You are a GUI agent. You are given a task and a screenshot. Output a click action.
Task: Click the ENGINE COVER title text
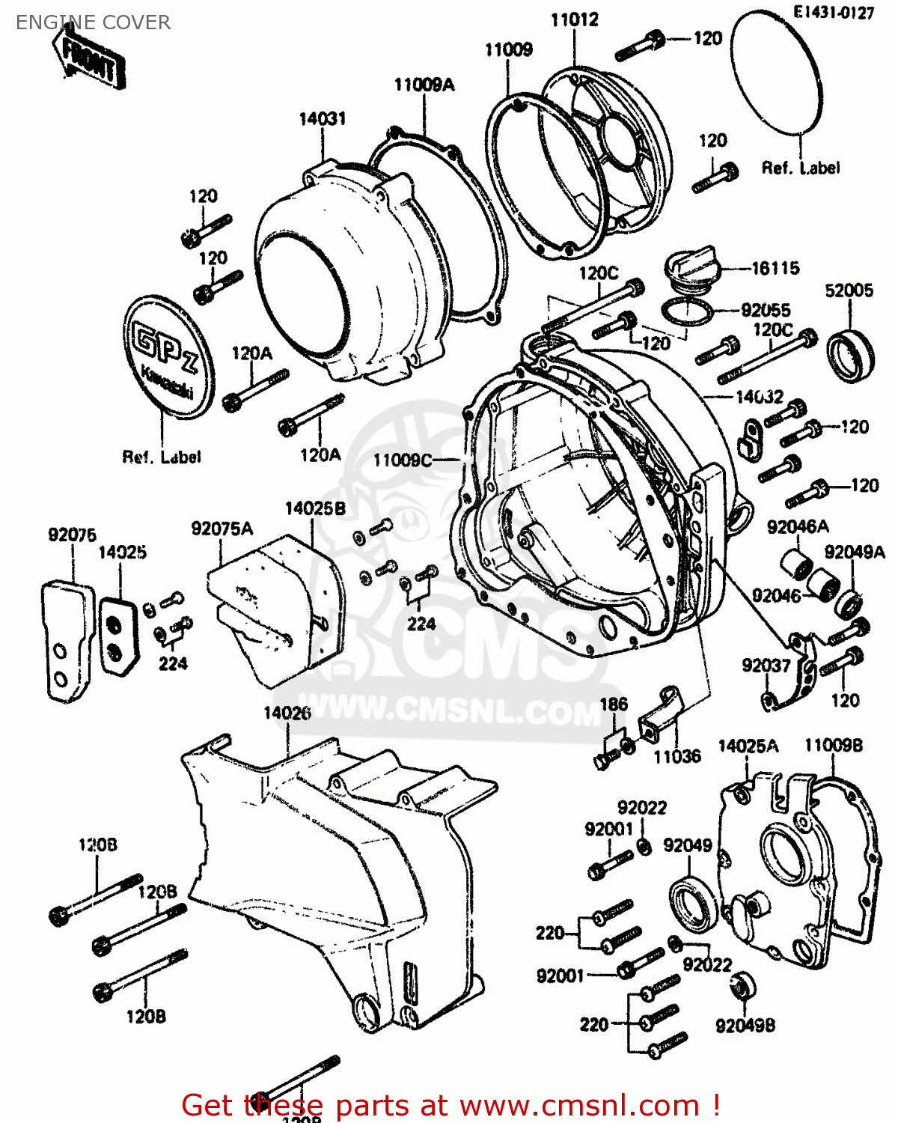tap(93, 22)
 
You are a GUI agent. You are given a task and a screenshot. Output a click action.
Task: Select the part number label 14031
tap(322, 118)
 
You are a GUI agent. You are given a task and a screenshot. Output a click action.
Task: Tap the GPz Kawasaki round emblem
tap(168, 356)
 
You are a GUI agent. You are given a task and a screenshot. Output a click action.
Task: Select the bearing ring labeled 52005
tap(849, 353)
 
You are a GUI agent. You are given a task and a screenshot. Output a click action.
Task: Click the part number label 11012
tap(575, 20)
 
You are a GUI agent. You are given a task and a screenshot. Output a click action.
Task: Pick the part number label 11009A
tap(424, 85)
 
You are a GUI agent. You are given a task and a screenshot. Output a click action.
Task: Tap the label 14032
tap(759, 397)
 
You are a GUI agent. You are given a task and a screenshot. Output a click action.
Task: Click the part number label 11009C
tap(403, 460)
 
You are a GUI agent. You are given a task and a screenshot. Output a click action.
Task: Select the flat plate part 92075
tap(67, 641)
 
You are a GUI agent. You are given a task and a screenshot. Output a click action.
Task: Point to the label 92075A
tap(222, 529)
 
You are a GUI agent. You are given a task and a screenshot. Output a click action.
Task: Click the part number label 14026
tap(287, 713)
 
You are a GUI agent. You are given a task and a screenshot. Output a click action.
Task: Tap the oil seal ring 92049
tap(693, 906)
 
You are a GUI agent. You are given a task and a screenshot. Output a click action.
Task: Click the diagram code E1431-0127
tap(834, 13)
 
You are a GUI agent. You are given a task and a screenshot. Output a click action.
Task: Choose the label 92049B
tap(745, 1026)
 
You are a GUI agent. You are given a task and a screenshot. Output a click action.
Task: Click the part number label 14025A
tap(748, 746)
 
